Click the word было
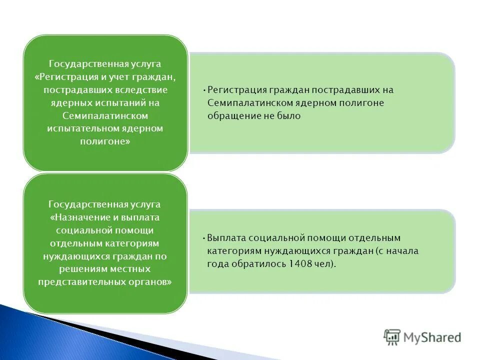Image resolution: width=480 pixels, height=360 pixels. [x=289, y=115]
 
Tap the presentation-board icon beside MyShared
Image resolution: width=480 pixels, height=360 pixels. [x=392, y=337]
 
